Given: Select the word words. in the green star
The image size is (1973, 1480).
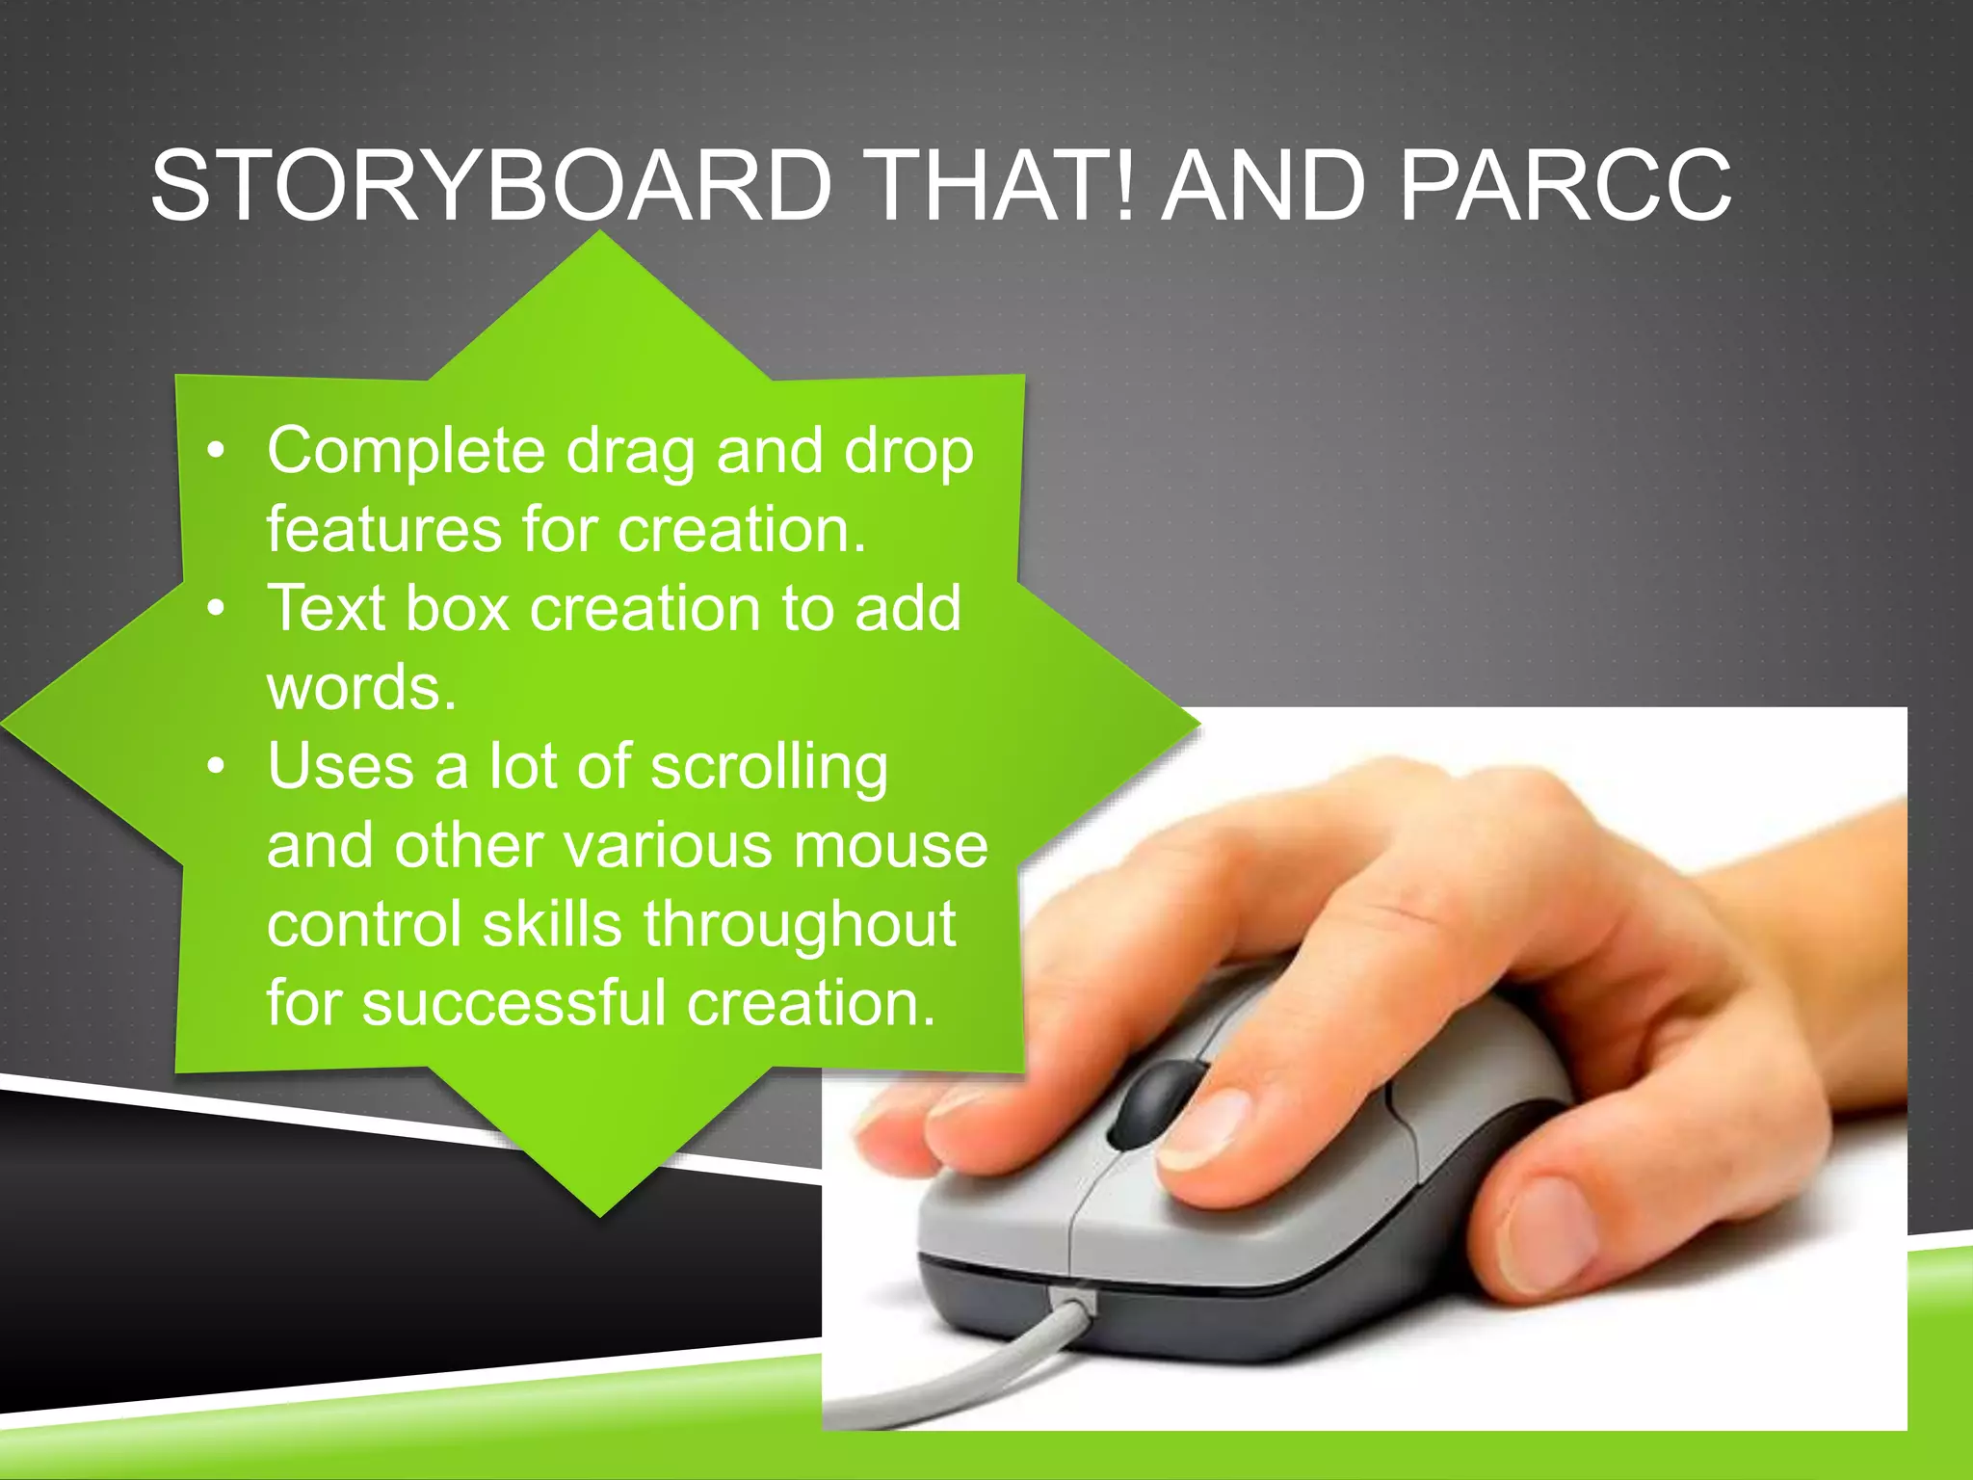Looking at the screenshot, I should (361, 688).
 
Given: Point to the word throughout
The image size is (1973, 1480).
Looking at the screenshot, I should (800, 926).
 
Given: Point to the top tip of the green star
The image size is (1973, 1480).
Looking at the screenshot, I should (600, 235).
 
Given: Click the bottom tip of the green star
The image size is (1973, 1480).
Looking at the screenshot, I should (599, 1214).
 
